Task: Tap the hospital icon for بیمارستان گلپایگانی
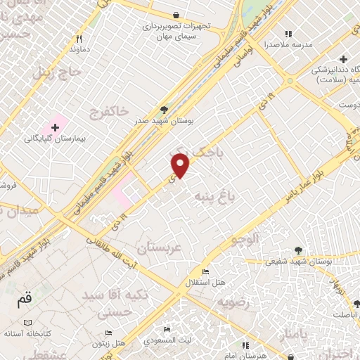coord(55,127)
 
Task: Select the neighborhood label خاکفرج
coord(111,111)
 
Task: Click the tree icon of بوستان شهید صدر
coord(164,109)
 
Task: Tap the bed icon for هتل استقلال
coord(205,272)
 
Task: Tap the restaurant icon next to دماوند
coord(80,39)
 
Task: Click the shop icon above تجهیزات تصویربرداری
coord(176,15)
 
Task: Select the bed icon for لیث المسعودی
coord(167,329)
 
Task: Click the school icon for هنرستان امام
coord(245,345)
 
